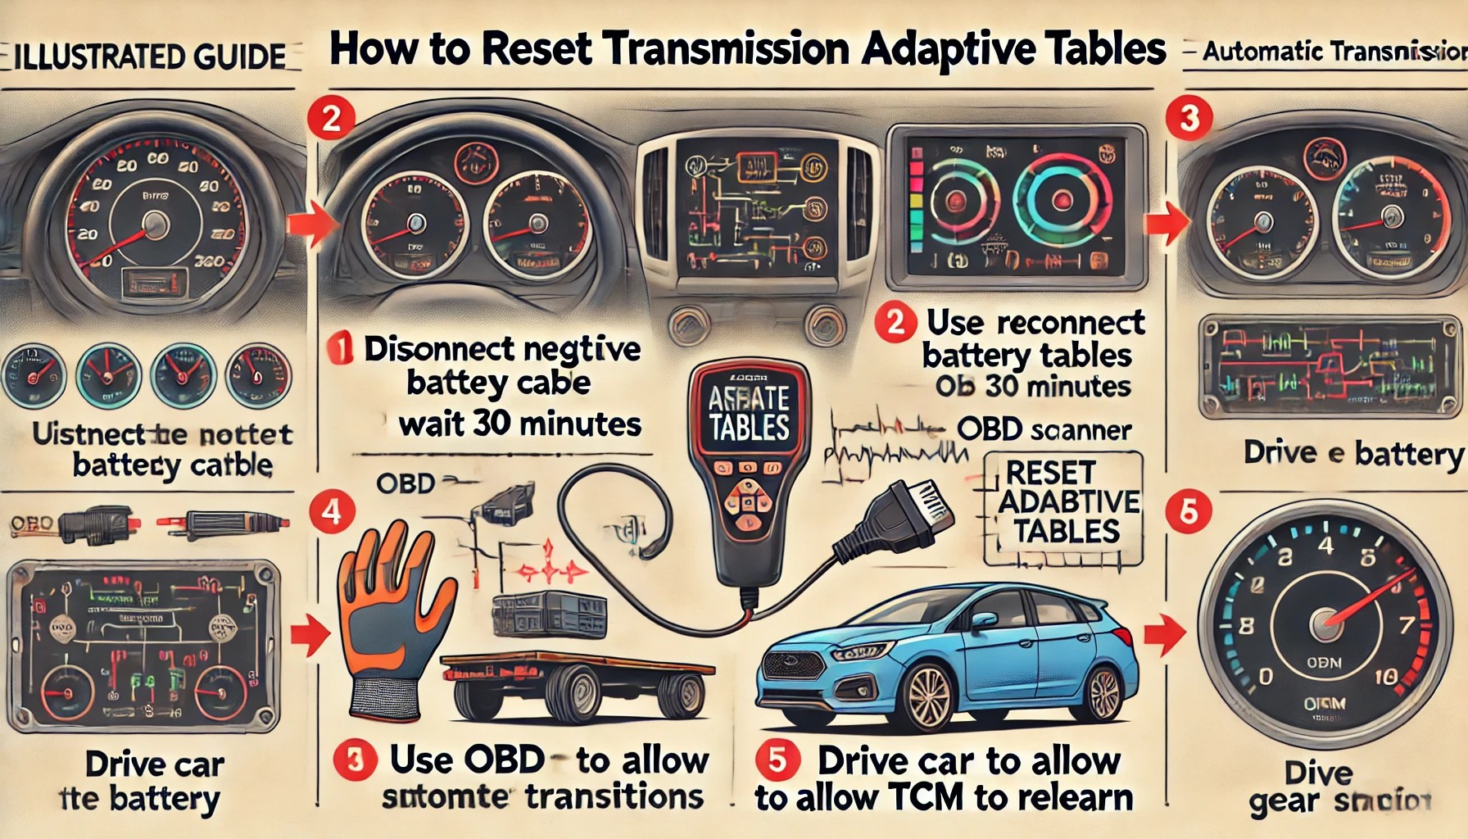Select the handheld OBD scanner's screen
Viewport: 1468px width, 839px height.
point(749,414)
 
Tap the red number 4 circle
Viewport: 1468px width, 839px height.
point(331,513)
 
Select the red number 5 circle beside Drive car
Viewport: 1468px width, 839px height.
point(776,760)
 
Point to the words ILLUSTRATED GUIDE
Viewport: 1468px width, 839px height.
point(151,57)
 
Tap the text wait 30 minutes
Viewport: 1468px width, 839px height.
point(520,424)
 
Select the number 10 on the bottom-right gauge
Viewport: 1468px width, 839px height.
point(1384,677)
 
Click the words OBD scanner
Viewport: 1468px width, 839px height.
point(1044,430)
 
